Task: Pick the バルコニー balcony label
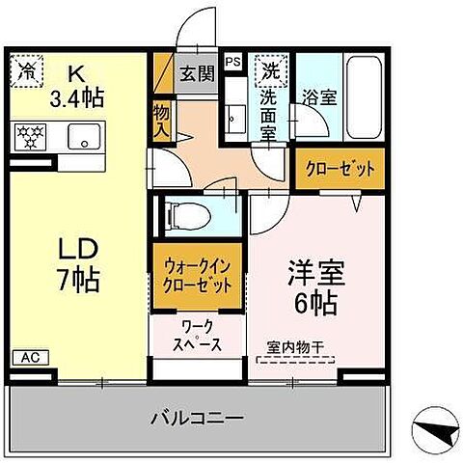[196, 419]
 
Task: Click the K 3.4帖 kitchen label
[74, 85]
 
